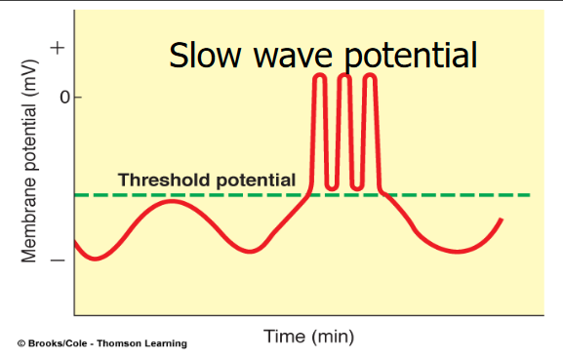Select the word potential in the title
[410, 57]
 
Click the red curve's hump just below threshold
[172, 201]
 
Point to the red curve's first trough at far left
[94, 259]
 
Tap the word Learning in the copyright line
[167, 343]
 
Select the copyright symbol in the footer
[20, 343]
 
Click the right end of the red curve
[502, 220]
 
